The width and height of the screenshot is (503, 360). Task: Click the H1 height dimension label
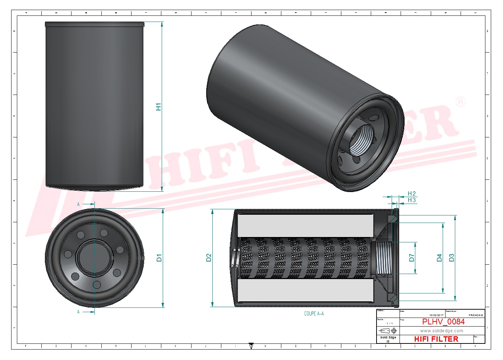(158, 107)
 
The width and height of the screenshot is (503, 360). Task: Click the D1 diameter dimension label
(159, 258)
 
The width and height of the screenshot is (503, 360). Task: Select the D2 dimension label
(209, 258)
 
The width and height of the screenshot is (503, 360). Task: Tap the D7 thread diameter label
(412, 258)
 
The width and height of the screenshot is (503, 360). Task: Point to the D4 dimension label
(439, 258)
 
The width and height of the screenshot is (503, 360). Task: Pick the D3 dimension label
(452, 258)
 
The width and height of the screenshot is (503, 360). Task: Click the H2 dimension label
(412, 194)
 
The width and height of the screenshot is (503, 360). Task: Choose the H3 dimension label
(412, 200)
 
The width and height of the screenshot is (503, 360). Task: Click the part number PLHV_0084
(443, 322)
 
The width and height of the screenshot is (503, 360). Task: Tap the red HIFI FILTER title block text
(436, 339)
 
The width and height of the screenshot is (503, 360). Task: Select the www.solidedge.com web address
(442, 331)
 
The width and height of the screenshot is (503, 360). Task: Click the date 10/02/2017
(436, 315)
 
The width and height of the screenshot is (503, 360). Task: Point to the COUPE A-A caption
(314, 314)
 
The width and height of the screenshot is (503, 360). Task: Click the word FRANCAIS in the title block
(476, 315)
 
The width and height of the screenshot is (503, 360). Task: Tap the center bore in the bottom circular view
(94, 258)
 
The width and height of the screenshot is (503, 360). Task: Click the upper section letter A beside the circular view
(78, 204)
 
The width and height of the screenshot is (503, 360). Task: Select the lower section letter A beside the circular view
(78, 312)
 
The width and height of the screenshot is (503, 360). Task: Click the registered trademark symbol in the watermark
(460, 102)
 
